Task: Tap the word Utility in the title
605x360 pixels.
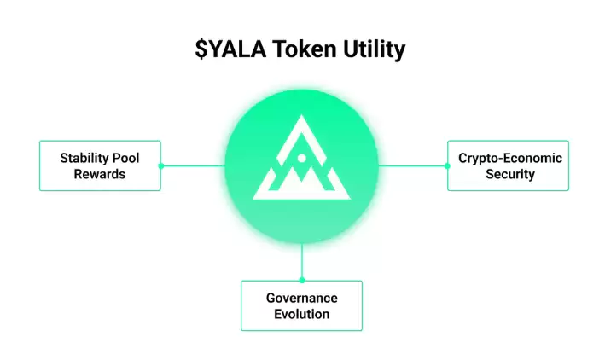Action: (370, 50)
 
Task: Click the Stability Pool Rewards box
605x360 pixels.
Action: (100, 165)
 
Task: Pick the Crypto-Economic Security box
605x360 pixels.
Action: (508, 165)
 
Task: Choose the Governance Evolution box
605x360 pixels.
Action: (301, 305)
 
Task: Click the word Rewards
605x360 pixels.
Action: (99, 174)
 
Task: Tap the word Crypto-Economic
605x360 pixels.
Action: (509, 158)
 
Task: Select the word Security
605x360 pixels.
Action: (509, 174)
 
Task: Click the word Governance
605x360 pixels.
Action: (301, 298)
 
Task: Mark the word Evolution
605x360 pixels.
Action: (301, 314)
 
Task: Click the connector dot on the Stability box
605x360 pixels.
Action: (160, 165)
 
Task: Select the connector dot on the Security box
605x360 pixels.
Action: (447, 165)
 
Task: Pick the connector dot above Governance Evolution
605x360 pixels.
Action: (301, 280)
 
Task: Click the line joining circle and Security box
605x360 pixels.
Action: (412, 165)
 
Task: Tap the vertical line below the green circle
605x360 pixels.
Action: (301, 260)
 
